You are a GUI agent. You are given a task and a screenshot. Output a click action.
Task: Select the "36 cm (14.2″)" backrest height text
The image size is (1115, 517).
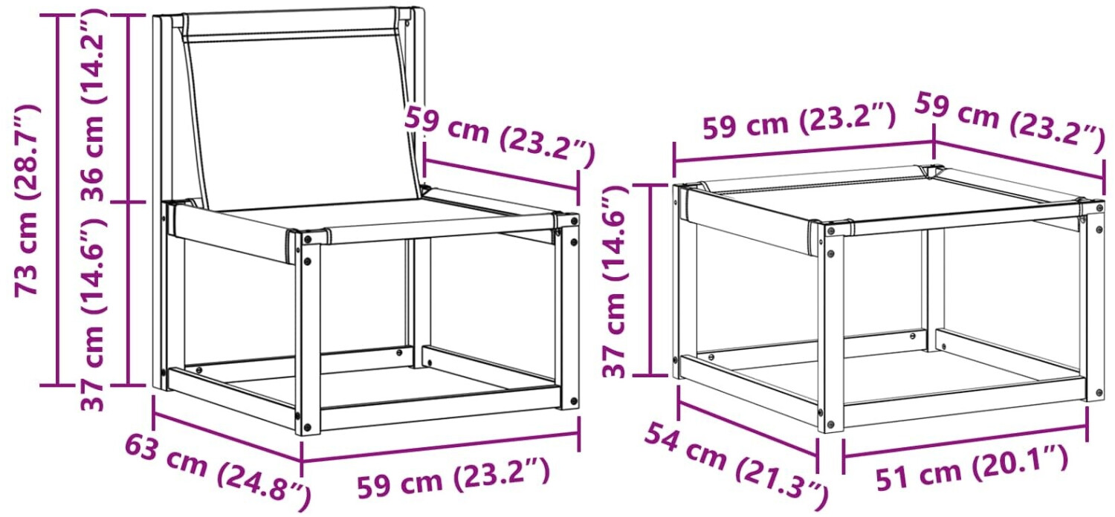93,105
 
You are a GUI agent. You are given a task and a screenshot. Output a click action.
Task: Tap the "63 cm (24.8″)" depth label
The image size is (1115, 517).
218,472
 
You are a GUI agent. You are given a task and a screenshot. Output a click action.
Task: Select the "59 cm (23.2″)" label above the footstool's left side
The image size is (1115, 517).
799,121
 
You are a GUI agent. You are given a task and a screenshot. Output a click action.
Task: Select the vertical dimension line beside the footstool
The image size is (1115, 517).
650,280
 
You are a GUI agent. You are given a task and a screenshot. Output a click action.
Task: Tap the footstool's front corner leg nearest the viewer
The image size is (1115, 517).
831,328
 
